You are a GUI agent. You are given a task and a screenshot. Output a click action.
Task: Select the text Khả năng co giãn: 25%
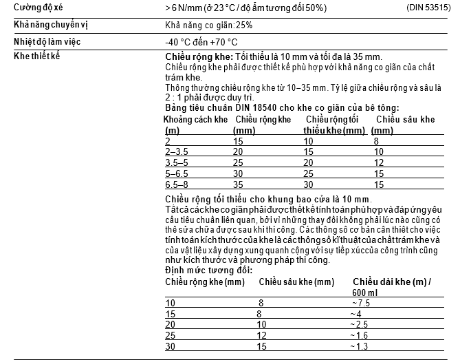205,25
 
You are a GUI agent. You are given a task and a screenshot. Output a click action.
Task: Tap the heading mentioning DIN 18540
283,108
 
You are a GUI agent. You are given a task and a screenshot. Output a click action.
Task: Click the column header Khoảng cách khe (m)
196,125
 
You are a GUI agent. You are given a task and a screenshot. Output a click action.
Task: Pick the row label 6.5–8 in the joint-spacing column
177,184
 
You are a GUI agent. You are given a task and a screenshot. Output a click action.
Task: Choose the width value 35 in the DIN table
239,184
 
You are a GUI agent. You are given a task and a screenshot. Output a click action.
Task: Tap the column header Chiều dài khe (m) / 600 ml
391,286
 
